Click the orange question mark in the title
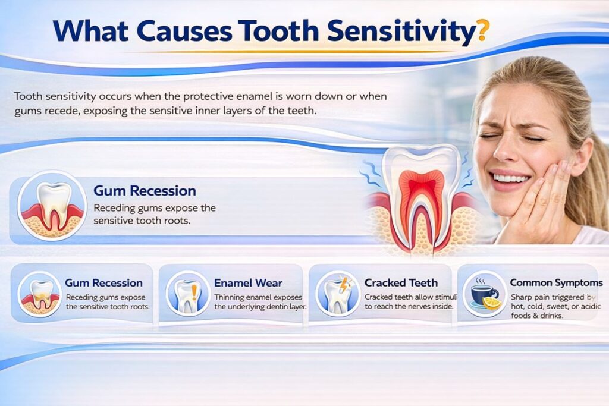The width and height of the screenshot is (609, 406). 482,31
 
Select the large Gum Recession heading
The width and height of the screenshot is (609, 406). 145,191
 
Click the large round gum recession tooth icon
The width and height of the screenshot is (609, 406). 52,206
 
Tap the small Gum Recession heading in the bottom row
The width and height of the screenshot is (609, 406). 103,282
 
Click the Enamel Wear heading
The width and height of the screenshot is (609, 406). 248,282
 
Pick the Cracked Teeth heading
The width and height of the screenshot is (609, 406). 401,282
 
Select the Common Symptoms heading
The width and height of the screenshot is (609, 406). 556,282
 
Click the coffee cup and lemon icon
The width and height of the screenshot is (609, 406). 484,294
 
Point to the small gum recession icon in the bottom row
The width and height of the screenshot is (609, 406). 40,294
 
